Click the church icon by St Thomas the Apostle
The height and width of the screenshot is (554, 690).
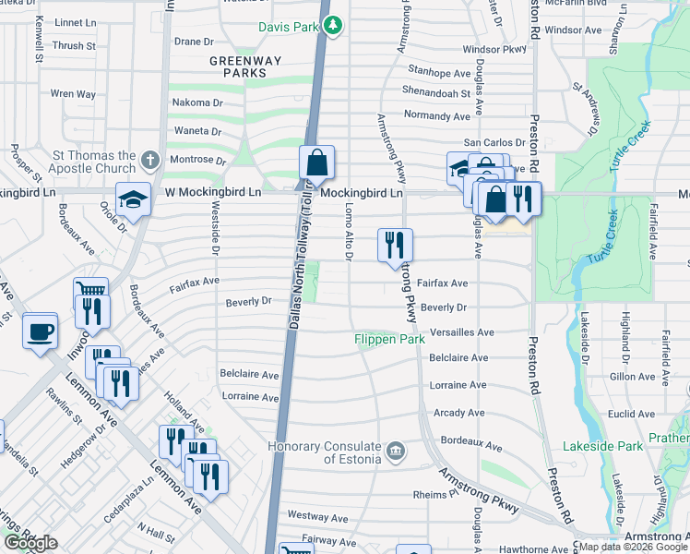(151, 162)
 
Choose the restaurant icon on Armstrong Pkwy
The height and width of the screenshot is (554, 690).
(394, 245)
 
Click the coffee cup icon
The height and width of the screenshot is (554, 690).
(40, 331)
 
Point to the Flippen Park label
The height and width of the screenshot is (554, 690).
(389, 340)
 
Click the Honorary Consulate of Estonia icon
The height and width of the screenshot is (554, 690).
(395, 450)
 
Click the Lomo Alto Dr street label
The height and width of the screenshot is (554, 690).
(349, 235)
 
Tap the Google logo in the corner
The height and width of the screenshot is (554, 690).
(30, 543)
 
